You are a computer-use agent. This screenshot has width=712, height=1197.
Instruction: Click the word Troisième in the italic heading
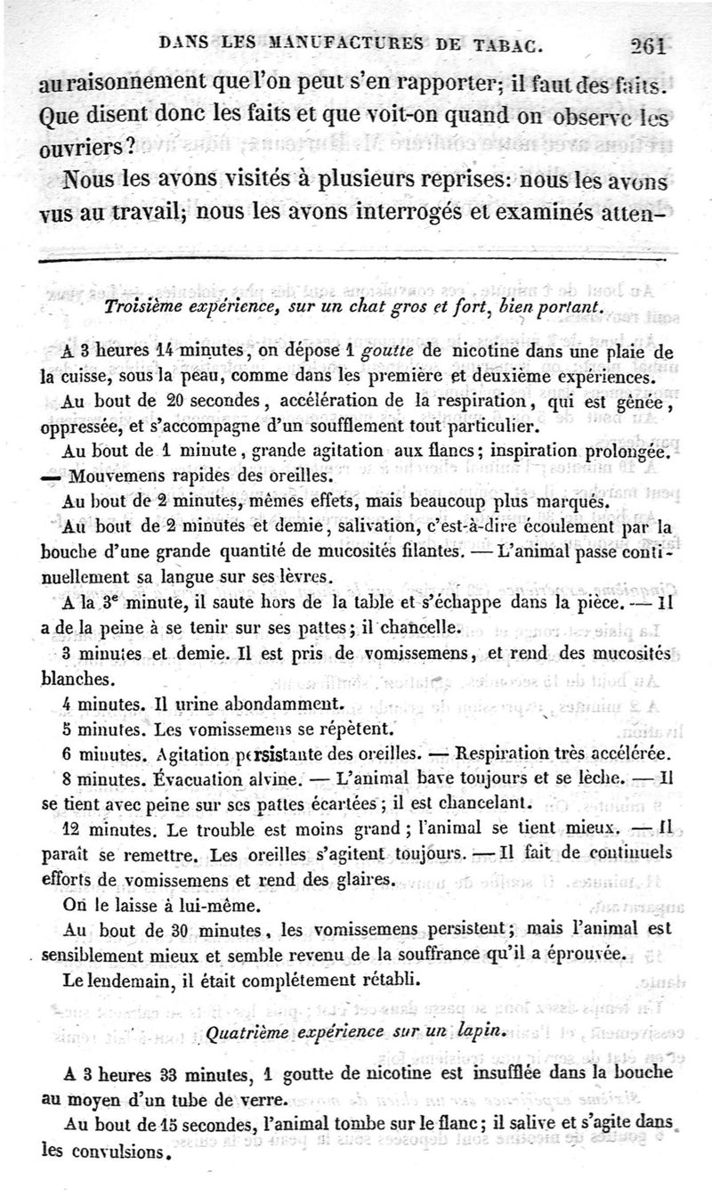click(x=144, y=308)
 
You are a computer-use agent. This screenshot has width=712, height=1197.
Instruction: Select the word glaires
click(x=362, y=879)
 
